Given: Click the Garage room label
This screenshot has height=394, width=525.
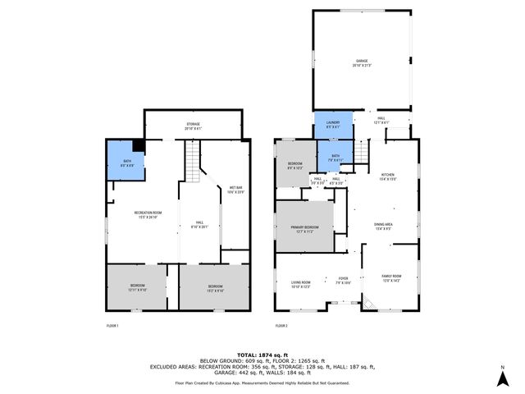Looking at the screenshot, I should pos(361,62).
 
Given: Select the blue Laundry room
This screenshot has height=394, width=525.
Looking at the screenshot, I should pos(333,126).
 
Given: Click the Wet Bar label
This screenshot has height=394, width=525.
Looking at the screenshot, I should pos(235,190).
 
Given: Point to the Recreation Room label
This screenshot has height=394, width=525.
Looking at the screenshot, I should pos(148,214).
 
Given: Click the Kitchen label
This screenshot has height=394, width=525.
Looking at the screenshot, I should pos(387,176).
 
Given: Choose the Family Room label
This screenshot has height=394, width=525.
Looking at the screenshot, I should pos(392,277).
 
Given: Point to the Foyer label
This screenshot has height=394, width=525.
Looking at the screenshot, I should pos(344,280).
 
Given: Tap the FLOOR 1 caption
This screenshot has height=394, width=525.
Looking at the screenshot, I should pos(112,326).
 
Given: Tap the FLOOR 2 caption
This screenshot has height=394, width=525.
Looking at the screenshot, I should pos(281,326).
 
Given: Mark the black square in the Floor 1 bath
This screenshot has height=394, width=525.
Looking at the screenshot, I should pos(138,144).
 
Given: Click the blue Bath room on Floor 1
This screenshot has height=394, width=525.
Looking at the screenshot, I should pos(125,161).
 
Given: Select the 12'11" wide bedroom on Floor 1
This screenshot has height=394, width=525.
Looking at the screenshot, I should pos(135,286).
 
